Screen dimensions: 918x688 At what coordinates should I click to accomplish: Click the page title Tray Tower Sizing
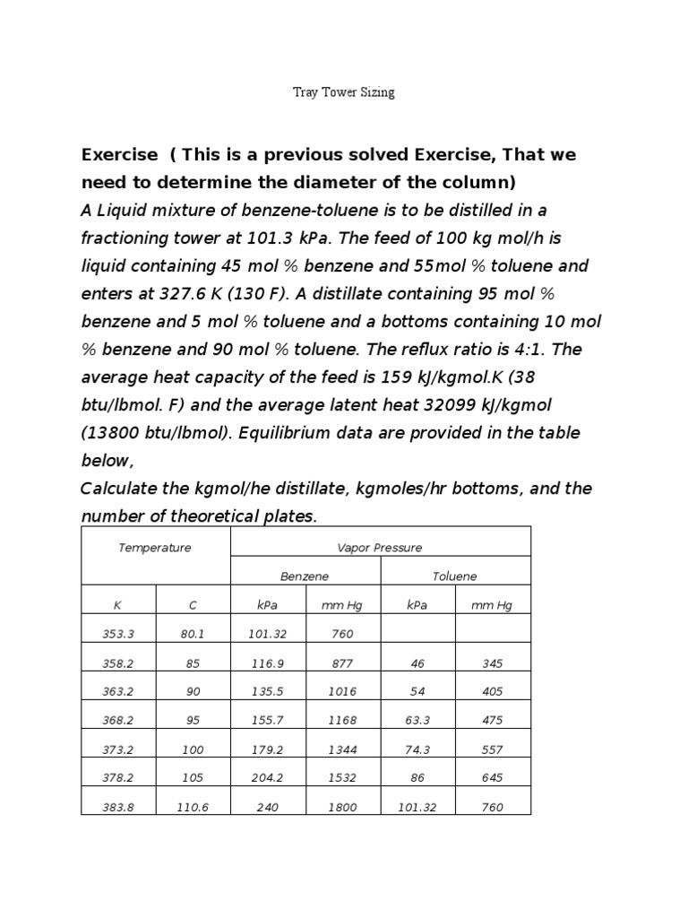tap(344, 92)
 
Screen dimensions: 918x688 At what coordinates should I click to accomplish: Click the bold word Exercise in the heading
tap(120, 154)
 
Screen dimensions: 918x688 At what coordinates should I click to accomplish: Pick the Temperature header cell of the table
tap(155, 548)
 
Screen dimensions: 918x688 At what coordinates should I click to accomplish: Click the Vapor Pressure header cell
tap(380, 548)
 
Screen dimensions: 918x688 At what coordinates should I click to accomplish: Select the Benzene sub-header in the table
tap(305, 576)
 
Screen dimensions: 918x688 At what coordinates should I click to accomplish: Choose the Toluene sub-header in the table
tap(455, 576)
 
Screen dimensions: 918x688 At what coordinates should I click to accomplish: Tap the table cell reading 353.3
tap(118, 634)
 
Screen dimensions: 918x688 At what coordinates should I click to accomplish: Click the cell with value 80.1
tap(193, 634)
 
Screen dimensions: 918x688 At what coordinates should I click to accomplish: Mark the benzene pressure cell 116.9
tap(268, 663)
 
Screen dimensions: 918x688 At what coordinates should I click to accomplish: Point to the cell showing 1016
tap(342, 692)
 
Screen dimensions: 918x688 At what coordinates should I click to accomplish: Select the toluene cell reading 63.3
tap(417, 720)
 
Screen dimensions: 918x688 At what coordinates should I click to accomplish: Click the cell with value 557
tap(492, 749)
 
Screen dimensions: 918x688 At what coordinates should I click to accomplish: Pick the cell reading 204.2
tap(268, 778)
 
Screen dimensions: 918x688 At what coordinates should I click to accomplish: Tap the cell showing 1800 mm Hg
tap(342, 807)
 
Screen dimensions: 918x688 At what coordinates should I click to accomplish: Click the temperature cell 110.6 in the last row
tap(193, 807)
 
